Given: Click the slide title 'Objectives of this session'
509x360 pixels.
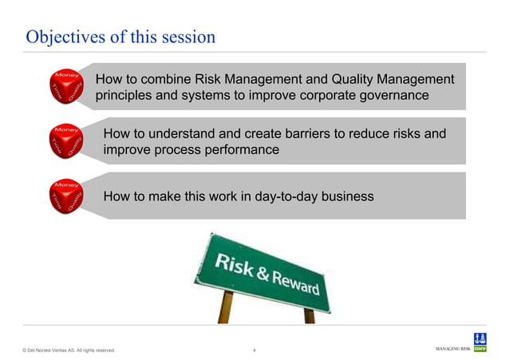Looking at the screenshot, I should [x=120, y=37].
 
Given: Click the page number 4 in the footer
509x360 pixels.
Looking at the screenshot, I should [x=254, y=350].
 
